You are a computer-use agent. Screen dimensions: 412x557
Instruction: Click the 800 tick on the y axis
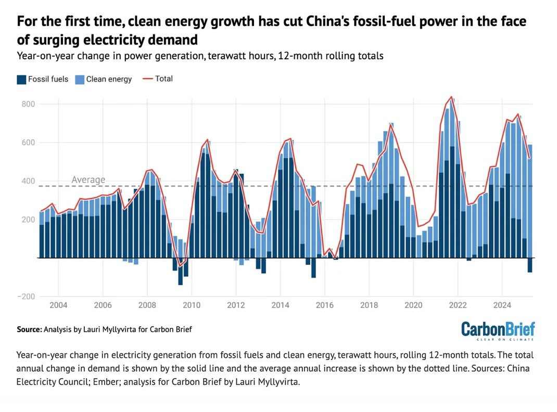click(28, 104)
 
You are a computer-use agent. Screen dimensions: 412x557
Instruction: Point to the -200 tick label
click(26, 297)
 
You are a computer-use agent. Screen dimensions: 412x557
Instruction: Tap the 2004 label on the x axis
click(58, 304)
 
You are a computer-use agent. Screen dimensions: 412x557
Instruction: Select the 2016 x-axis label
click(324, 304)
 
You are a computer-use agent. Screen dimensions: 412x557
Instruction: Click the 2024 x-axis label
click(502, 304)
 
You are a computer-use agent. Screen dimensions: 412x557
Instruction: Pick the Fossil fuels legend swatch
click(21, 80)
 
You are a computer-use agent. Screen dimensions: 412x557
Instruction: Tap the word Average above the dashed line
click(88, 180)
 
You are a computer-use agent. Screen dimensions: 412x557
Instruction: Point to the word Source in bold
click(29, 329)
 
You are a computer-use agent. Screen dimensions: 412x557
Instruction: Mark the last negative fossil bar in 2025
click(530, 265)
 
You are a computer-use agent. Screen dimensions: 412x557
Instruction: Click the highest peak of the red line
click(451, 97)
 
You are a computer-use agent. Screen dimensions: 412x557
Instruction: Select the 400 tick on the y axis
click(28, 181)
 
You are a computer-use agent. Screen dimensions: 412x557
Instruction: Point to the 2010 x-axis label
click(191, 304)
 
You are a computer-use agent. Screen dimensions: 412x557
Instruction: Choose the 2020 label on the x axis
click(413, 304)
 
